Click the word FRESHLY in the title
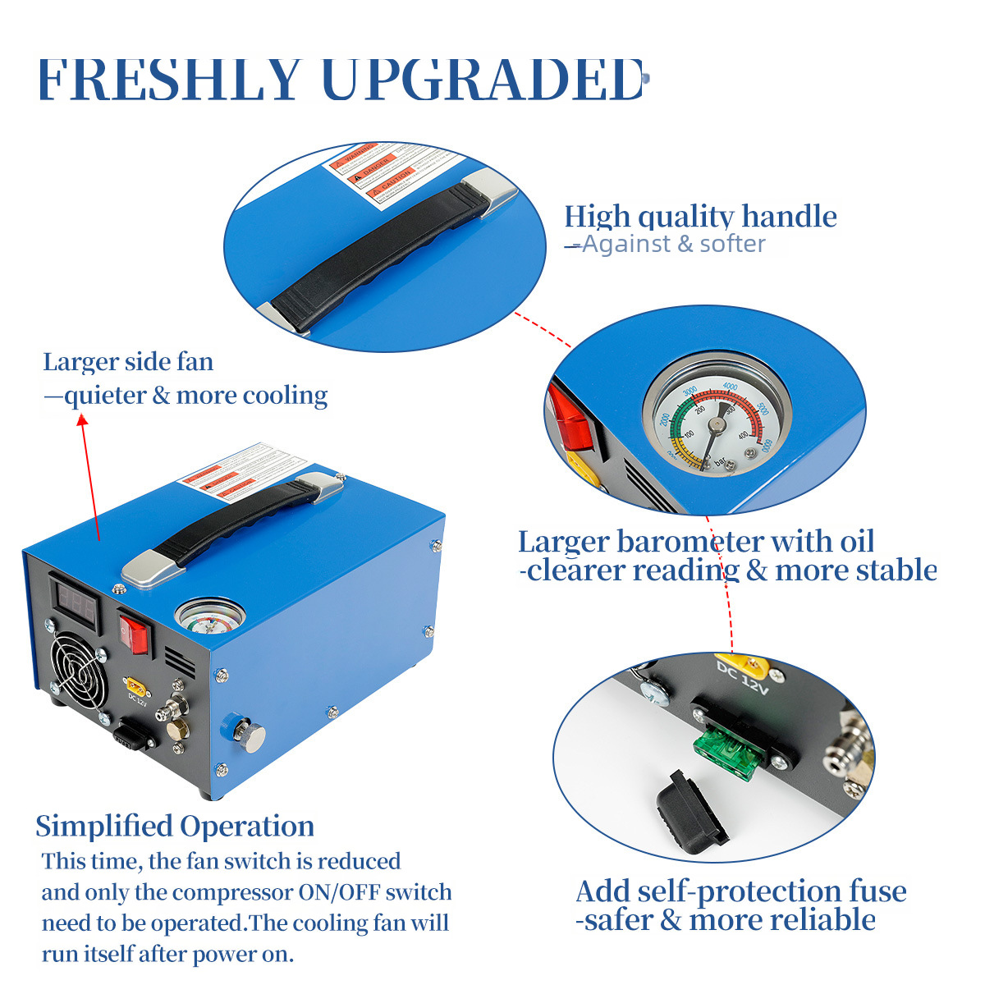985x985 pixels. tap(168, 80)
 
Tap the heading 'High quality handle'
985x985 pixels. tap(700, 216)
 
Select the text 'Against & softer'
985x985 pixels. tap(673, 244)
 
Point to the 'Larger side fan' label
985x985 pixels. tap(128, 361)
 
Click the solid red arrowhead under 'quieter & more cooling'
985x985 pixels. tap(81, 419)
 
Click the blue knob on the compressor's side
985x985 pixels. tap(231, 724)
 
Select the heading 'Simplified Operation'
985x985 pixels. tap(175, 826)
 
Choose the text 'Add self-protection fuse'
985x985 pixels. tap(740, 891)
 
